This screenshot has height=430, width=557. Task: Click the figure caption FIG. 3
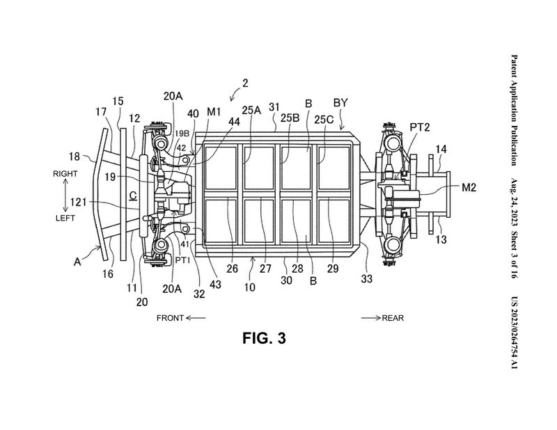[264, 338]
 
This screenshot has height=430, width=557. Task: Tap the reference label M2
[469, 187]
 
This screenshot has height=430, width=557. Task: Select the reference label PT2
[420, 127]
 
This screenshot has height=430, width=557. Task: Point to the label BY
[340, 102]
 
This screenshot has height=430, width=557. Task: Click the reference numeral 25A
[251, 110]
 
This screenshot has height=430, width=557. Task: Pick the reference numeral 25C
[324, 120]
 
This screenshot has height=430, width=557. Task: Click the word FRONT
[170, 318]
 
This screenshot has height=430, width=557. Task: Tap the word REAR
[393, 318]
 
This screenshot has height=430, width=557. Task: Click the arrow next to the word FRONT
[196, 318]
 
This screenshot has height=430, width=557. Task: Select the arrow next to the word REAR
[371, 318]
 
